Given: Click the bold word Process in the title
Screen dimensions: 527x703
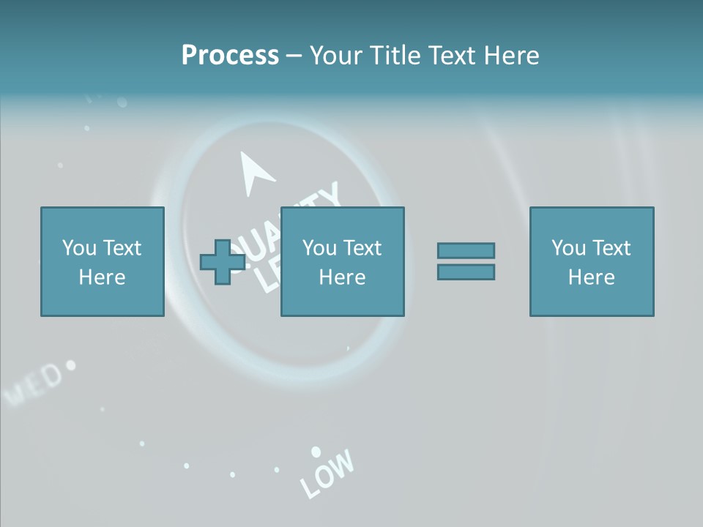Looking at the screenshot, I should (230, 56).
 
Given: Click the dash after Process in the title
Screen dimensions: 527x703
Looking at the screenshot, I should (294, 56).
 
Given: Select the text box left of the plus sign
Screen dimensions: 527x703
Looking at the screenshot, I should (102, 261).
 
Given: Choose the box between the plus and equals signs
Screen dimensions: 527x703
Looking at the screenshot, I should (342, 261).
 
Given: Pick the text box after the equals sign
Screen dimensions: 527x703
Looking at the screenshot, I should (591, 261).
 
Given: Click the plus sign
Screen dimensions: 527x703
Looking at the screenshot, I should (222, 261).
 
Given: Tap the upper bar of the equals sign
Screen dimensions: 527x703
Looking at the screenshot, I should (466, 250).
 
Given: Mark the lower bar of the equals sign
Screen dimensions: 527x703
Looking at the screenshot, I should (466, 272).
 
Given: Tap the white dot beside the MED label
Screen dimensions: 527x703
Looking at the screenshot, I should (70, 364).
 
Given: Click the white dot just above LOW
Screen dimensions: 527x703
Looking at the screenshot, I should (316, 452).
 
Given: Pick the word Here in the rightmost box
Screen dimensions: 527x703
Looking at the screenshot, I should (591, 277).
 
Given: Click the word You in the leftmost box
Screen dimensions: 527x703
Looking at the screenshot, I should (78, 248).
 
